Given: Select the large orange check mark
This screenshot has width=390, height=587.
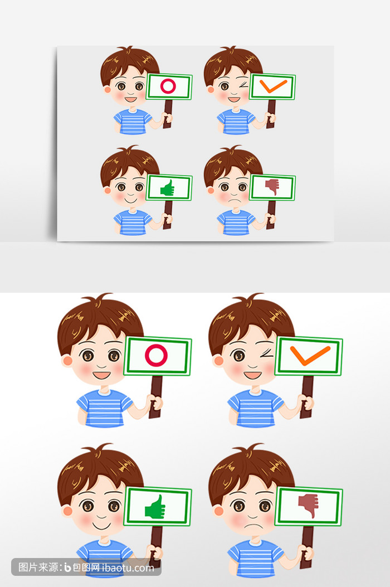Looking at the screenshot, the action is [310, 355].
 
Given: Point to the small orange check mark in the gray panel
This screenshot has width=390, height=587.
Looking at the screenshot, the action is [273, 86].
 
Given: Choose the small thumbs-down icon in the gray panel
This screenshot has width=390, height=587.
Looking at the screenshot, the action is [272, 187].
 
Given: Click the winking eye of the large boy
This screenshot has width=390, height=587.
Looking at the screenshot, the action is [266, 353].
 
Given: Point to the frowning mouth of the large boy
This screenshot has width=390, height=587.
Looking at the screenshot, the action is [252, 526].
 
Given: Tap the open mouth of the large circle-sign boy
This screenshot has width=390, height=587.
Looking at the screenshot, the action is [101, 375].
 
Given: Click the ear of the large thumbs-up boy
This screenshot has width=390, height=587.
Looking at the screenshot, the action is [67, 510].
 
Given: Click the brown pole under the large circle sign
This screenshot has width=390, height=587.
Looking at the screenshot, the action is [155, 397].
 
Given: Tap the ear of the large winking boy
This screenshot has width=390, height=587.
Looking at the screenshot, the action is [218, 361].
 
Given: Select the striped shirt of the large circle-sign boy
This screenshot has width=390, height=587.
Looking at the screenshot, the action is [105, 409].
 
